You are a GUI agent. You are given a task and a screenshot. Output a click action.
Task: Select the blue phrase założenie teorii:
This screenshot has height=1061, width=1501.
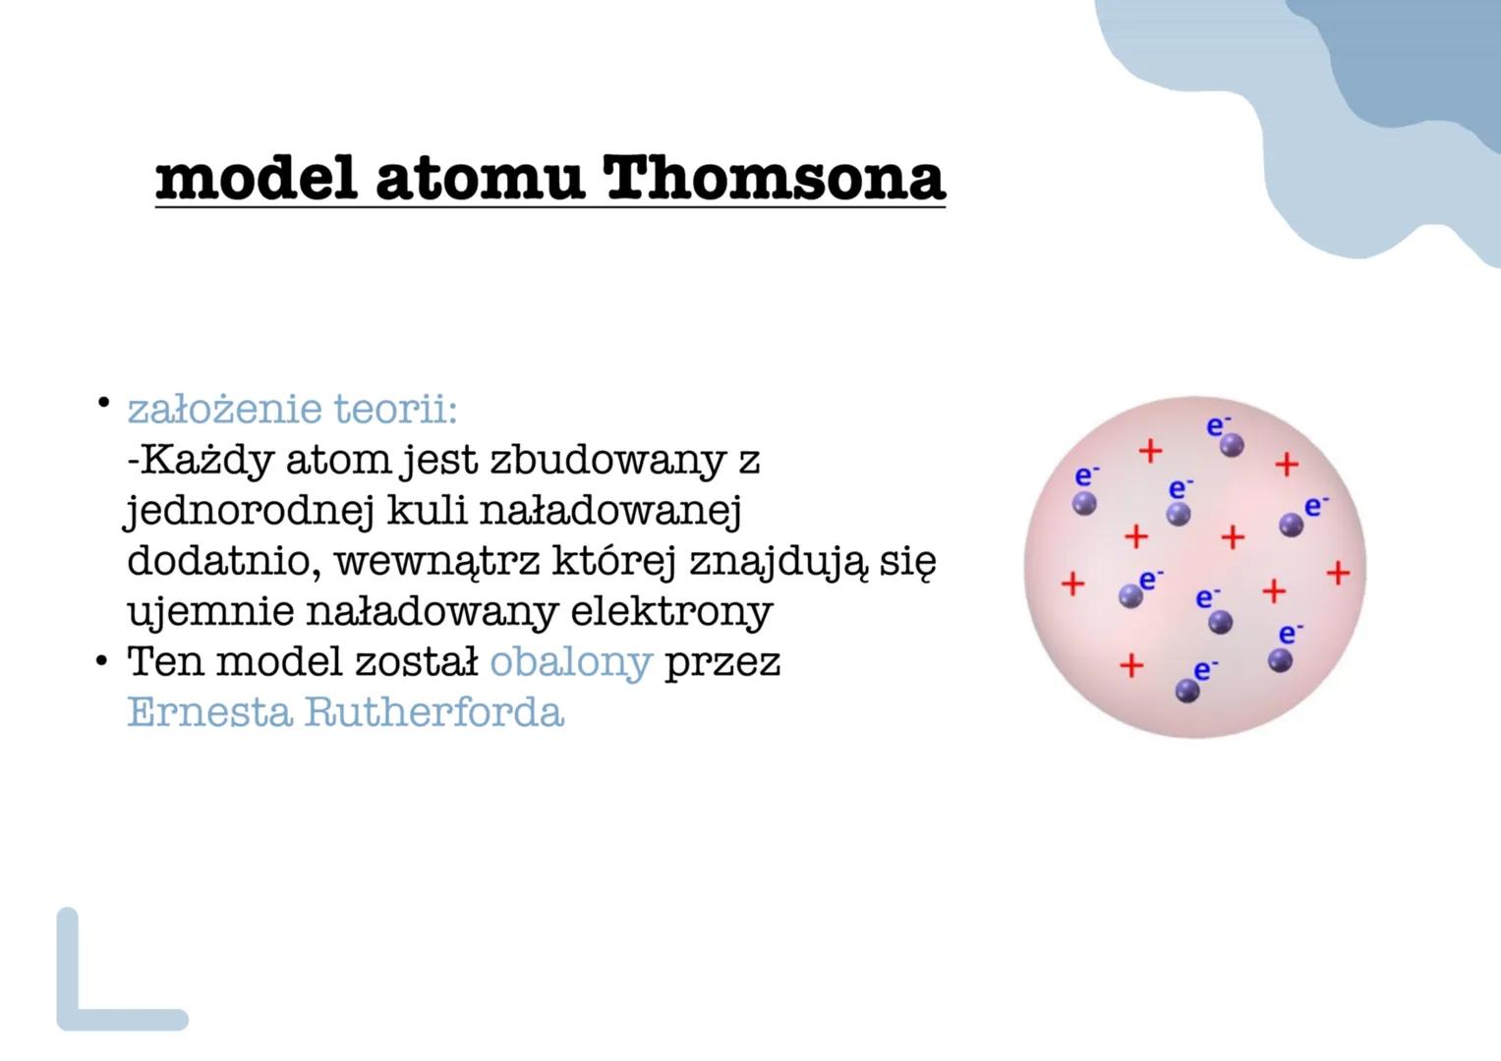coord(292,409)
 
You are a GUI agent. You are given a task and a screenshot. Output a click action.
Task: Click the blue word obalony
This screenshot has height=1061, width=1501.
coord(570,661)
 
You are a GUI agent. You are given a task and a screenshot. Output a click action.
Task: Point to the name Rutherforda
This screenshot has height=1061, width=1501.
coord(433,711)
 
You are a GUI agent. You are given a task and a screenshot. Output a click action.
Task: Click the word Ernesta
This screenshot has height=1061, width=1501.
coord(209,711)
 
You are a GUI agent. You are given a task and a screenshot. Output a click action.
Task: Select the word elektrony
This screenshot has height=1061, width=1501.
coord(671,611)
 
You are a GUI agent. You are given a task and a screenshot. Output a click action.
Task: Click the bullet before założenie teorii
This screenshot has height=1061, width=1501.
coord(101,403)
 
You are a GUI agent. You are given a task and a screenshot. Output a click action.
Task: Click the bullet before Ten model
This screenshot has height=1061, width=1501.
coord(101,662)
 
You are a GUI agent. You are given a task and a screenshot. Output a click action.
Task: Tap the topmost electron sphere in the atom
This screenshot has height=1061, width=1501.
coord(1232,446)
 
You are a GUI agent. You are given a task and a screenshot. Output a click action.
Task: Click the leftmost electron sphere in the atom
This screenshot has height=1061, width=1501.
coord(1084,504)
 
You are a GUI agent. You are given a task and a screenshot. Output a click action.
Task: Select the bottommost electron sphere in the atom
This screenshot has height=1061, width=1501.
coord(1187,692)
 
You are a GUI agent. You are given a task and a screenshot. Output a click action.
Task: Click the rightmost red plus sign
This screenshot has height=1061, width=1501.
coord(1338,573)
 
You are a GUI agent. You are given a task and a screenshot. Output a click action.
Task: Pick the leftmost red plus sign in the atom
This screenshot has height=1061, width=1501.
coord(1072,585)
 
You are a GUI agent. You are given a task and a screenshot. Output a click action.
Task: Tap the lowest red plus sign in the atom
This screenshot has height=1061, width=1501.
coord(1131,665)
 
